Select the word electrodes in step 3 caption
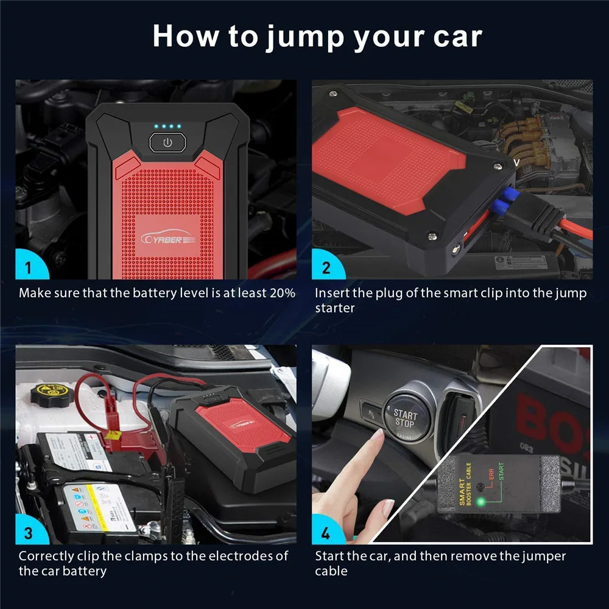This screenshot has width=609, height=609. click(x=242, y=556)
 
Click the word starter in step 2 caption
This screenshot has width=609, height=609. click(x=334, y=308)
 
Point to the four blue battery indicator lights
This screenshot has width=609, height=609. click(x=167, y=127)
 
